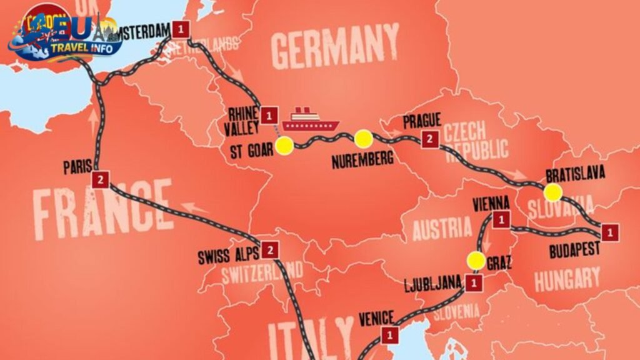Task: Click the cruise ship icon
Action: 310,120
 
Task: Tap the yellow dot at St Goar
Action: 285,146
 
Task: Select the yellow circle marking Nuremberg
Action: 363,138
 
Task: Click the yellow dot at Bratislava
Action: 552,192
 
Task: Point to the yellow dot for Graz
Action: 476,261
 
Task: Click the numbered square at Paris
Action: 101,179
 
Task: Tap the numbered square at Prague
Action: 429,139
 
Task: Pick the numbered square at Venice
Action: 391,335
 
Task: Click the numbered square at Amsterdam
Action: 181,29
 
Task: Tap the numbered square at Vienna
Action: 501,219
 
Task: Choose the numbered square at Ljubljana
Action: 474,282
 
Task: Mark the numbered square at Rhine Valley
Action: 269,115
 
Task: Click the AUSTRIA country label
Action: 442,228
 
